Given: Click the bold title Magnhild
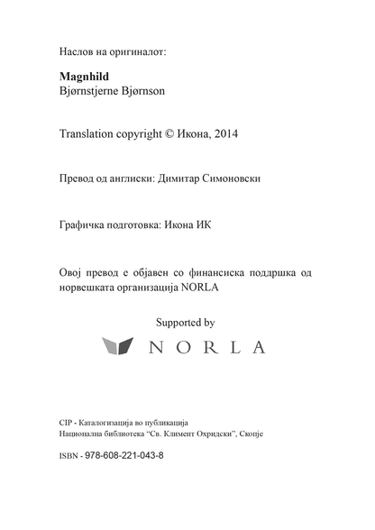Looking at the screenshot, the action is tap(81, 77).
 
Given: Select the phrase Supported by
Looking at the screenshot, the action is tap(186, 320).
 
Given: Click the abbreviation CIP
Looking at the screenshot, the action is tap(63, 421).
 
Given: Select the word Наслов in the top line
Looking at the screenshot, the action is tap(76, 51).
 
